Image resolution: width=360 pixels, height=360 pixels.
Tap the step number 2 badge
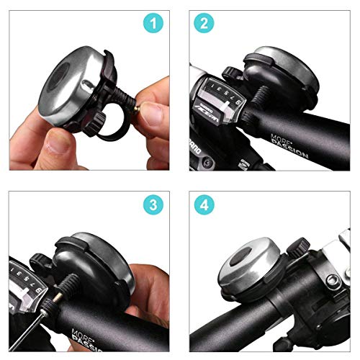coord(205,24)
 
